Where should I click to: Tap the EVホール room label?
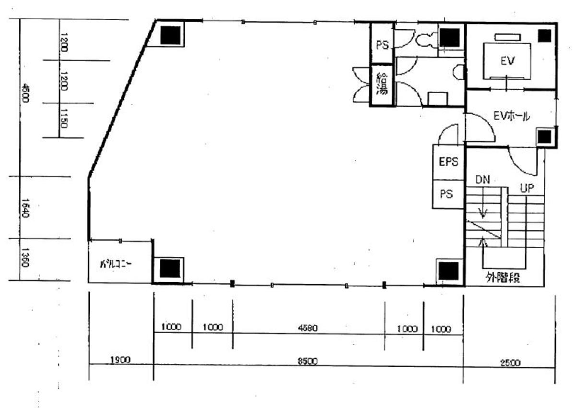[512, 116]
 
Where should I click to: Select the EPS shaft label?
[449, 161]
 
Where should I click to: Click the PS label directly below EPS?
[446, 195]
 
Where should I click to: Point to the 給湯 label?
[382, 83]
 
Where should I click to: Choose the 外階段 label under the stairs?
[503, 278]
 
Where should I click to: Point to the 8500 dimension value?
[307, 361]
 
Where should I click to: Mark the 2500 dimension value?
[510, 363]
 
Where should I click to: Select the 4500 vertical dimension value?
[26, 94]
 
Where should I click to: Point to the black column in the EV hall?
[544, 137]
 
